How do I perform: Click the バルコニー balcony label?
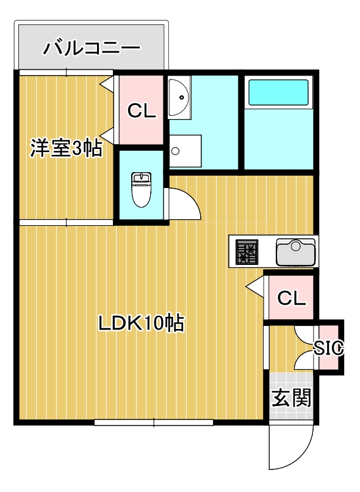(92, 47)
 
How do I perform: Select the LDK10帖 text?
(142, 322)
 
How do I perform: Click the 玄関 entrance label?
(291, 398)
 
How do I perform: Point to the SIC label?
(329, 348)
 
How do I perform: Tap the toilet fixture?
(141, 189)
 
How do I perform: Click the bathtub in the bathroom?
(278, 93)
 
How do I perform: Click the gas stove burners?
(247, 251)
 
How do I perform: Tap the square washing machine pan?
(184, 150)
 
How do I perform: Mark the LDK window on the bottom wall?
(154, 422)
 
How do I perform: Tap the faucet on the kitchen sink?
(296, 245)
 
